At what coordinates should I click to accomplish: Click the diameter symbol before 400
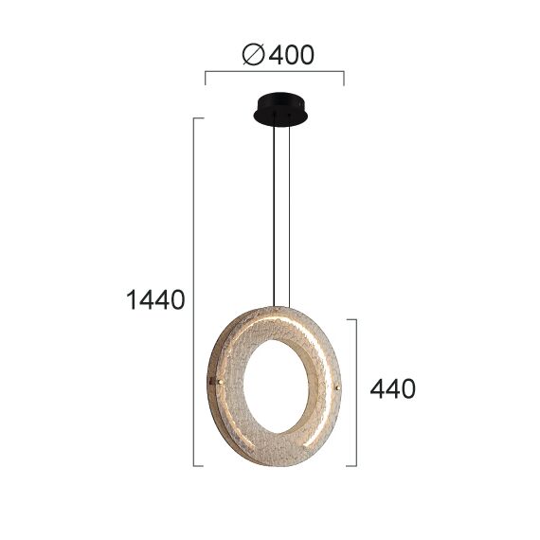click(254, 56)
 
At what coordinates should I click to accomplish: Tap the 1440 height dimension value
click(155, 300)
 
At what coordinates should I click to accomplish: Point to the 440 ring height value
click(391, 388)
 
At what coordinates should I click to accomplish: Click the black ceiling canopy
click(280, 109)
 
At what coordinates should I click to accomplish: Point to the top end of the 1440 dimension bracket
click(197, 118)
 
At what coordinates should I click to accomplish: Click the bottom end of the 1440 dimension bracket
click(197, 465)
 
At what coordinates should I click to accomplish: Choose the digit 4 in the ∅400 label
click(278, 56)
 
